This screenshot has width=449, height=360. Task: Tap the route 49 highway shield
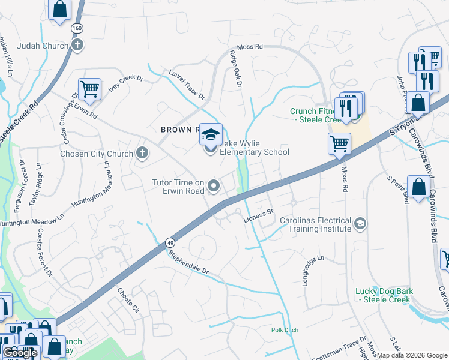coord(171,242)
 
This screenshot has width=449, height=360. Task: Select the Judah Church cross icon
coord(77,45)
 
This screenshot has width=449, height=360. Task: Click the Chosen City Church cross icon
coord(142,154)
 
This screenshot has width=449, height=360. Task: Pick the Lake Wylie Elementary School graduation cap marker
coord(211,134)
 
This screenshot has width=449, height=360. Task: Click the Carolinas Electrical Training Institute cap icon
coord(360,224)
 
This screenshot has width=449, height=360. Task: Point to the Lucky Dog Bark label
coord(384,296)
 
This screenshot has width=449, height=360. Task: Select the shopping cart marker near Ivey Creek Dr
coord(89,89)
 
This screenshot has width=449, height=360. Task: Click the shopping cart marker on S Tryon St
coord(339,144)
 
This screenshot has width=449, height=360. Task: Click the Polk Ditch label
coord(285,329)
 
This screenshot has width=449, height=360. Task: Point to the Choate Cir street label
coord(128,301)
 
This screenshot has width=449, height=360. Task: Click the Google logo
coord(20,353)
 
